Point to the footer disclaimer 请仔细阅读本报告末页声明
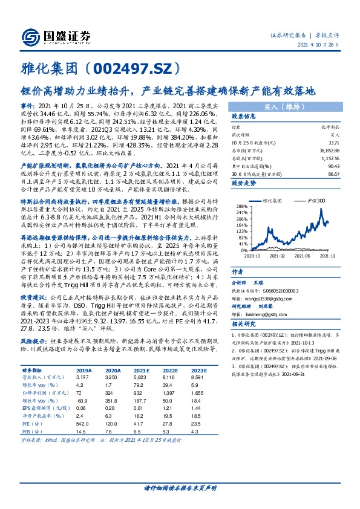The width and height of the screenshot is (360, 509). pyautogui.click(x=180, y=488)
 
